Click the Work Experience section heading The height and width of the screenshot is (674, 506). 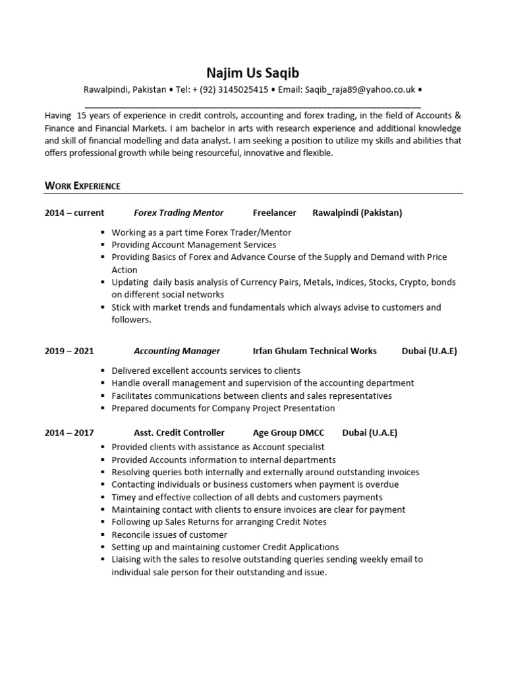(x=82, y=186)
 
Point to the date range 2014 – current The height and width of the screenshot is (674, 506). (x=74, y=213)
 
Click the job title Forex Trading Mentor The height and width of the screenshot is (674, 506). (x=179, y=213)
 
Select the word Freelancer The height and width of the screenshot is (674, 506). (x=274, y=213)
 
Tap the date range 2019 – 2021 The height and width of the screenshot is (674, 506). (x=69, y=351)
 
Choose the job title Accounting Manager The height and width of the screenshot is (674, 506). (x=177, y=351)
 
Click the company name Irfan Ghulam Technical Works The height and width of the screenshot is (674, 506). (x=314, y=351)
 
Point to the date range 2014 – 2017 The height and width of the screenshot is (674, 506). (x=69, y=432)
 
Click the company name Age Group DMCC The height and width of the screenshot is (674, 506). (x=288, y=432)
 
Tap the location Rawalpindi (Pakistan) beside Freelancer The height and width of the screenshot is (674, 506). (x=357, y=213)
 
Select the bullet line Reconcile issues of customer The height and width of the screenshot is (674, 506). (x=169, y=534)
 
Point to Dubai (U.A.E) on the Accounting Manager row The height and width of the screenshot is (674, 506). (x=429, y=351)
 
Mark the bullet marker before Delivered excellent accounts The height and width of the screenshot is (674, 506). (x=103, y=371)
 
